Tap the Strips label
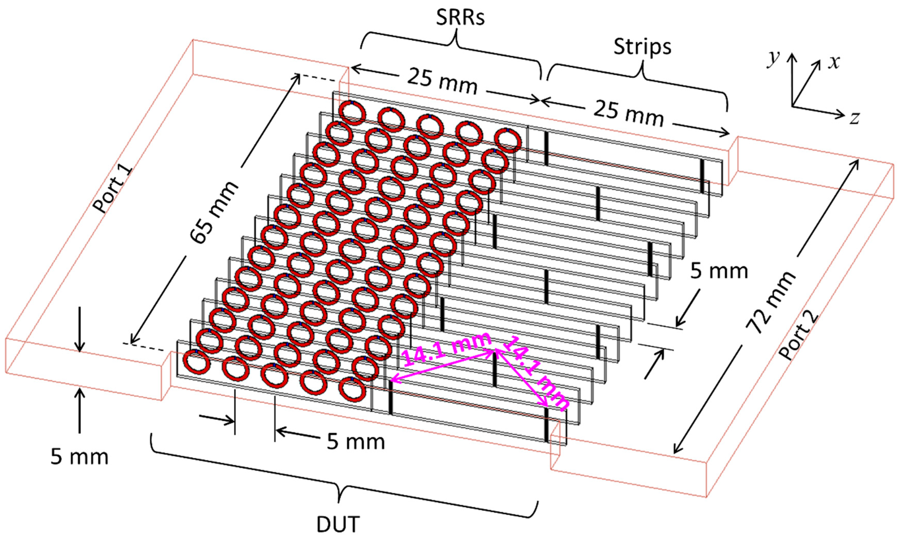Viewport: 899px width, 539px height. coord(642,47)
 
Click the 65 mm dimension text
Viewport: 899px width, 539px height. coord(214,212)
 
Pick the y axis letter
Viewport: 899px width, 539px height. coord(774,59)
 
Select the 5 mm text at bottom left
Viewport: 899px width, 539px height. coord(79,457)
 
